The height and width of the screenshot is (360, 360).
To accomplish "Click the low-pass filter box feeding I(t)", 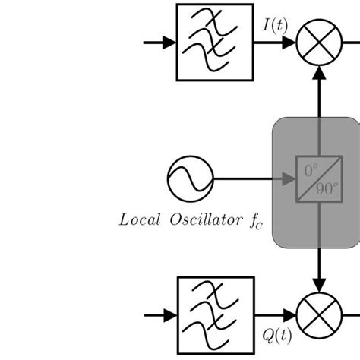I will pyautogui.click(x=204, y=42).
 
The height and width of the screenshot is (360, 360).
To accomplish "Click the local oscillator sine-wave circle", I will pyautogui.click(x=185, y=179).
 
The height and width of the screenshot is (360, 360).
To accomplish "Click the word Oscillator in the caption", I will pyautogui.click(x=199, y=221).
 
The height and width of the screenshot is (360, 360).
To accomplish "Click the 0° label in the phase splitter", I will pyautogui.click(x=308, y=171).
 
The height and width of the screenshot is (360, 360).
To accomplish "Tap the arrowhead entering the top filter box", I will pyautogui.click(x=169, y=42).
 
